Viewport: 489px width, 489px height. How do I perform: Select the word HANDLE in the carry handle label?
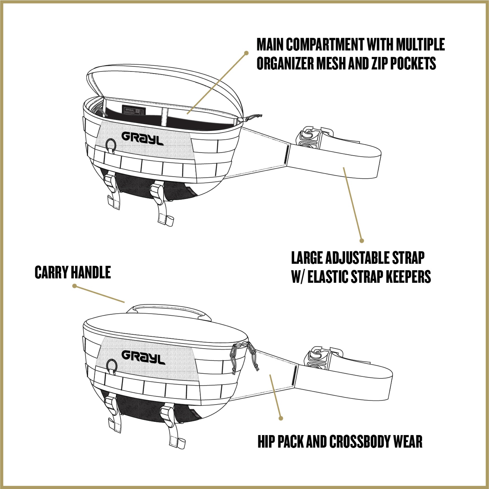tap(91, 272)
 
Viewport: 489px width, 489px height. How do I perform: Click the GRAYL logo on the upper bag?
tap(142, 138)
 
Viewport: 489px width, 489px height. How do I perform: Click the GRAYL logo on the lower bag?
tap(143, 357)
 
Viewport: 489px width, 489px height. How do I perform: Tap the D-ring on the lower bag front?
tap(112, 365)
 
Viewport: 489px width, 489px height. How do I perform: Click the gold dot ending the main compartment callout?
tap(246, 53)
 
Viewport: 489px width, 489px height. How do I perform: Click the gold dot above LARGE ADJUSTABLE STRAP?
tap(362, 241)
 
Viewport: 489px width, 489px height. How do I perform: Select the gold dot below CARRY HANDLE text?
tap(74, 286)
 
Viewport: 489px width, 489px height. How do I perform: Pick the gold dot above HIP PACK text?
tap(281, 418)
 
